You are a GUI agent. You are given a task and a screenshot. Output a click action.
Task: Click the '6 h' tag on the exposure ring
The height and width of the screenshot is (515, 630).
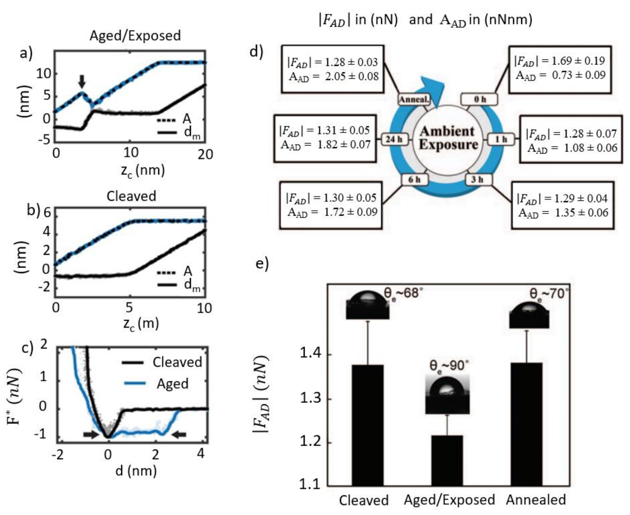pos(414,179)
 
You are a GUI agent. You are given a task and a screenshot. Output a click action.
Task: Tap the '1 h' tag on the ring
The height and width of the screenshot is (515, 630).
pos(501,139)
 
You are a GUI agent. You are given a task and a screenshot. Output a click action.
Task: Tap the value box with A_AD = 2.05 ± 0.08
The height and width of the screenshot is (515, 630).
pos(333,69)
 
